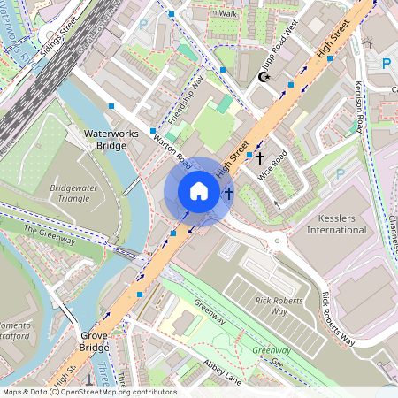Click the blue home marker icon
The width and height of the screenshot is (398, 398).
pyautogui.click(x=199, y=191)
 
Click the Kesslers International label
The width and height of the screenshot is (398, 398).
pyautogui.click(x=336, y=223)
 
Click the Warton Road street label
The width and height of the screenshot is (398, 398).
pyautogui.click(x=172, y=151)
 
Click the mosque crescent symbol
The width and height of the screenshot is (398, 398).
pyautogui.click(x=263, y=77)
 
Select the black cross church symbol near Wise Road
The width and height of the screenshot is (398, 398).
pyautogui.click(x=259, y=157)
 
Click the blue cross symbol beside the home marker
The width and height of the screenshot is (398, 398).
pyautogui.click(x=228, y=192)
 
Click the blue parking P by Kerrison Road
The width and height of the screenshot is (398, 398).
pyautogui.click(x=386, y=63)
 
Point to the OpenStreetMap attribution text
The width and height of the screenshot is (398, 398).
pyautogui.click(x=88, y=392)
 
